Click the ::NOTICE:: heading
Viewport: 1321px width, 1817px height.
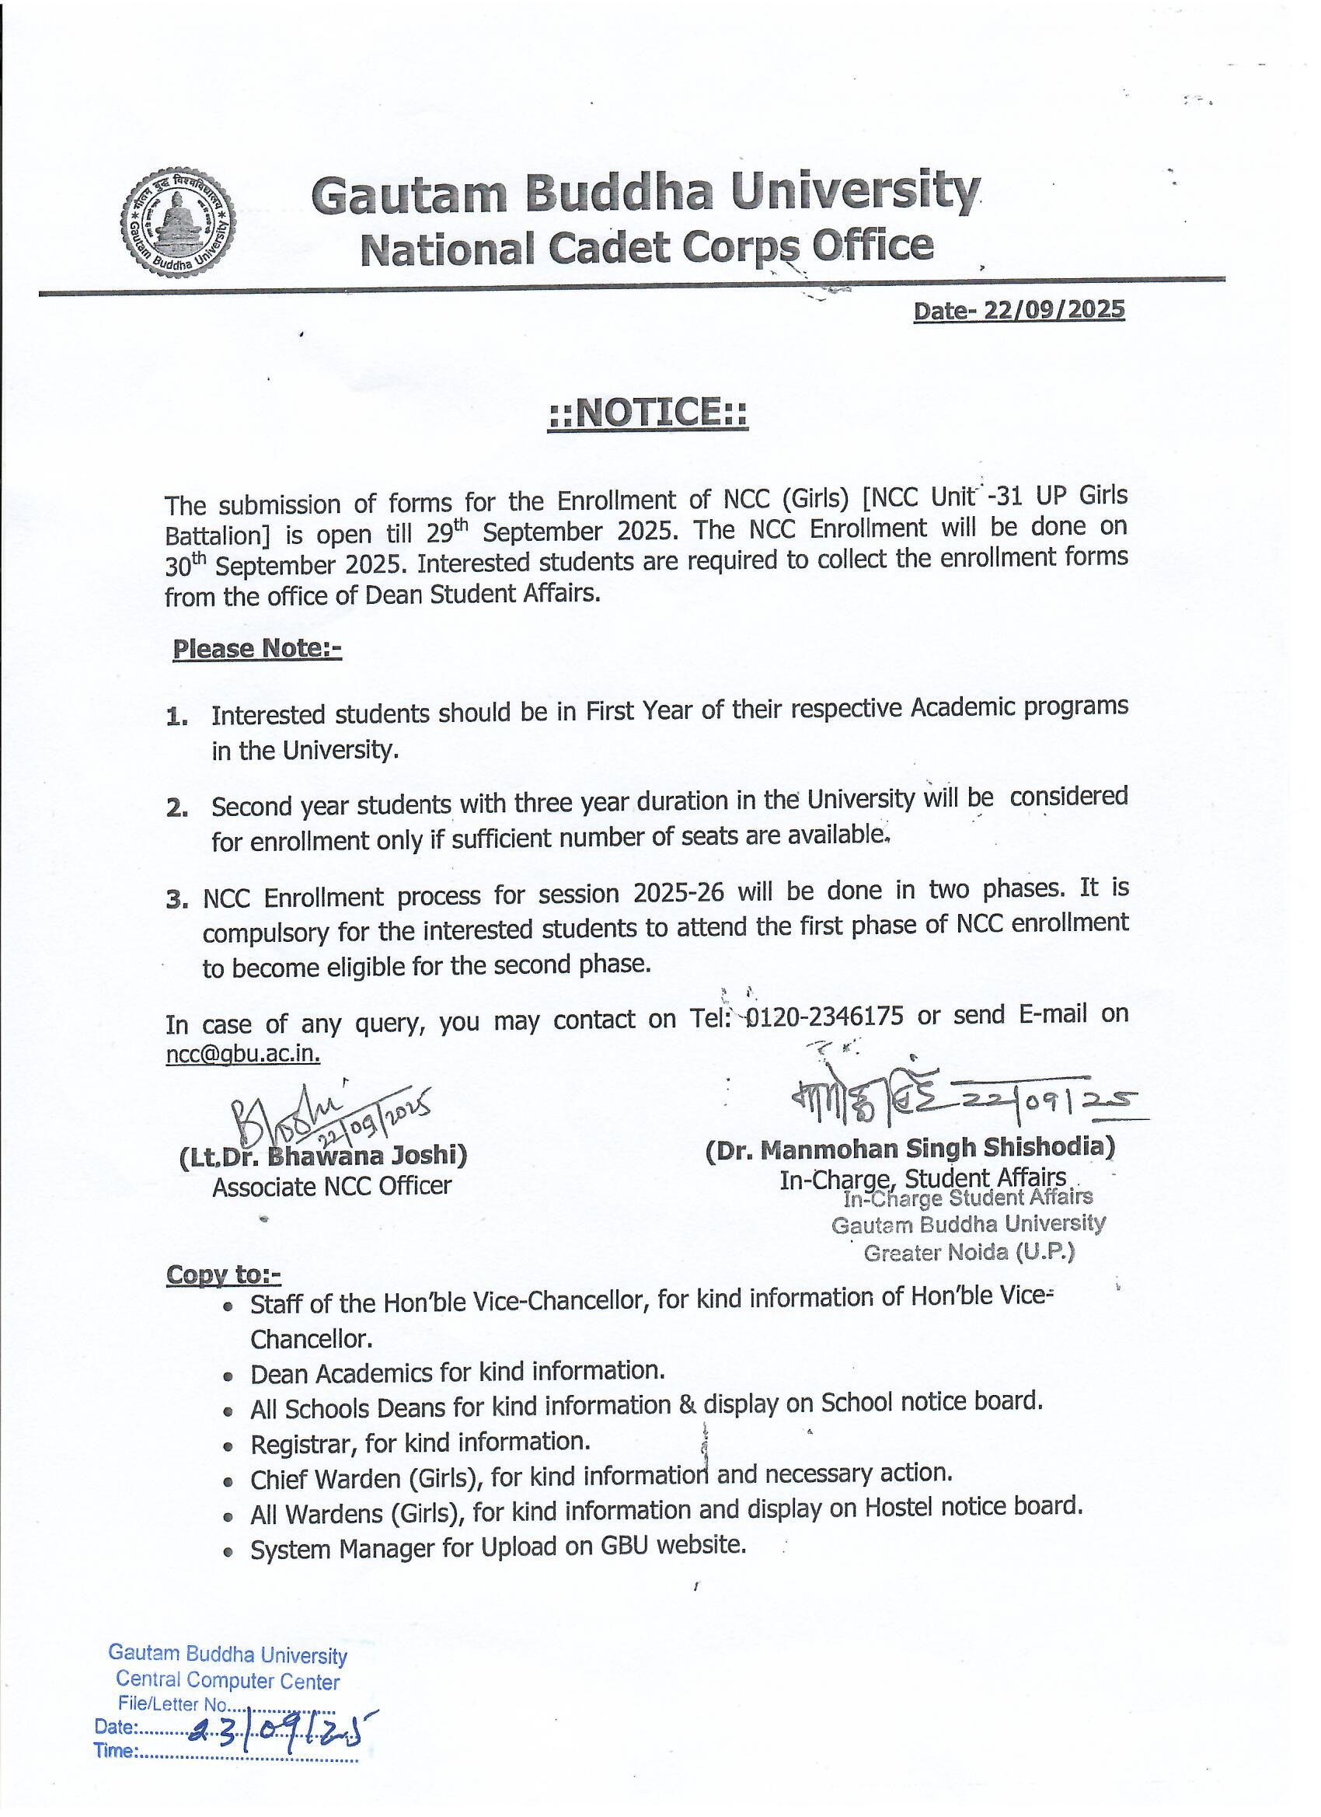(647, 413)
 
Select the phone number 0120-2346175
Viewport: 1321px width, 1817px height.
(824, 1017)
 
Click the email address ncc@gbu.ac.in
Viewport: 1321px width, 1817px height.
(242, 1054)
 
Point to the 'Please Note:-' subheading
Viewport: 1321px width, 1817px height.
(257, 648)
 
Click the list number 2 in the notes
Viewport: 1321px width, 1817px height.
(177, 808)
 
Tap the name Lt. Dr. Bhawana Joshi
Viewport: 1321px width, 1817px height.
(323, 1156)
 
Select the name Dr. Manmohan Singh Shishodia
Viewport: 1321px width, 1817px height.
(910, 1148)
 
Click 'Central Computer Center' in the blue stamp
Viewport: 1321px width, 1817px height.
(228, 1681)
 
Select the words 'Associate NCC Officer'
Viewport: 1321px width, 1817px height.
(332, 1187)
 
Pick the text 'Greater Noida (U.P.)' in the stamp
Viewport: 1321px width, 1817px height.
(968, 1251)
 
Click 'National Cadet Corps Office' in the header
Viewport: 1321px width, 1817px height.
(647, 247)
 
